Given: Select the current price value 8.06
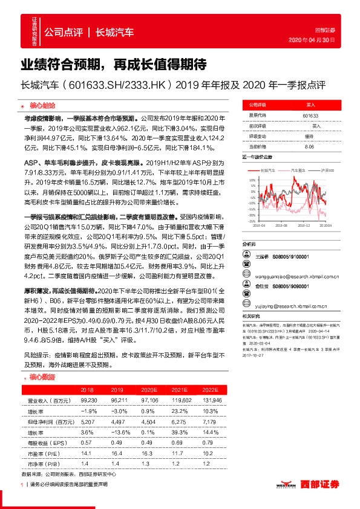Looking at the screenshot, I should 309,146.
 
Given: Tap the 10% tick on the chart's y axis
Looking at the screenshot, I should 251,180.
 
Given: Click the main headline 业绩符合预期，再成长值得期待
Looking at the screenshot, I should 114,64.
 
